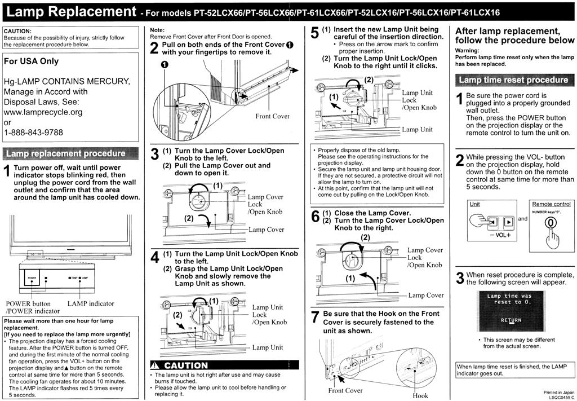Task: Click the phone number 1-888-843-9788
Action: tap(33, 133)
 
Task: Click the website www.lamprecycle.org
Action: tap(43, 112)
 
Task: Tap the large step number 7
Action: tap(316, 317)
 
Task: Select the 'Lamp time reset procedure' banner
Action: tap(513, 80)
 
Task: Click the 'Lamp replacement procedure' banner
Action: tap(66, 153)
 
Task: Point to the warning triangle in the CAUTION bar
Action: tap(157, 365)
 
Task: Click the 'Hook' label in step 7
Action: tap(420, 395)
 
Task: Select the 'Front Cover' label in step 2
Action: tap(272, 116)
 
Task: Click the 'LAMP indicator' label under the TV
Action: tap(91, 304)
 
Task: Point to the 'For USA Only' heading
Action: tap(32, 61)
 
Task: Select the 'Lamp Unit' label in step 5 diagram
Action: tap(418, 130)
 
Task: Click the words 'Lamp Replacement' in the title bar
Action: tap(72, 12)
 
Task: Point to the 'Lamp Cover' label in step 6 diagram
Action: tap(426, 296)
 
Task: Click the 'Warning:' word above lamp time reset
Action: tap(467, 50)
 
